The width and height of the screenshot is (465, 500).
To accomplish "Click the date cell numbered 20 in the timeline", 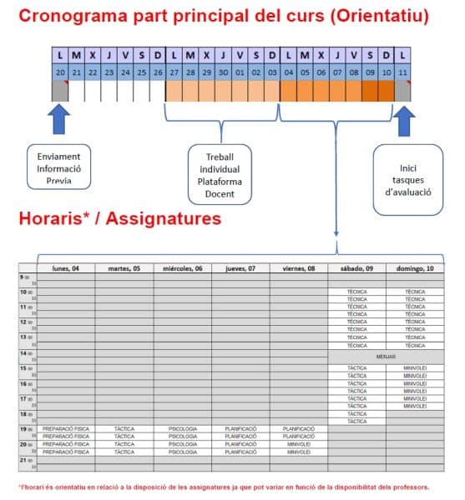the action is [59, 72].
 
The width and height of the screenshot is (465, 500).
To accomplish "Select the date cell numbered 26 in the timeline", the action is [158, 72].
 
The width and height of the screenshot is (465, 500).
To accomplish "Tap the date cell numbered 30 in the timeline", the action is [223, 72].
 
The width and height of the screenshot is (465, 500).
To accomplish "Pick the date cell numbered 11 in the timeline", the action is [403, 72].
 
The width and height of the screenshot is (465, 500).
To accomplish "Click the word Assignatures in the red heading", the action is [167, 220].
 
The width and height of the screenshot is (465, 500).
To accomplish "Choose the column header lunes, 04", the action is [66, 268].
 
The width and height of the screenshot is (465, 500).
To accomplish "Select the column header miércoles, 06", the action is [182, 268].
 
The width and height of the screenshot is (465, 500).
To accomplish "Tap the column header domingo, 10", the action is [414, 268].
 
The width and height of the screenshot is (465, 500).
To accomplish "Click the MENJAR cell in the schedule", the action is [385, 356].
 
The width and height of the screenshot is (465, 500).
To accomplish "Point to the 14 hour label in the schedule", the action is [23, 353].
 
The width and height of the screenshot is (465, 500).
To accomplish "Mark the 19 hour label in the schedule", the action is [23, 428].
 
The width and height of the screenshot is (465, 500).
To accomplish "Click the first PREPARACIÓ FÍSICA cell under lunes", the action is [66, 428].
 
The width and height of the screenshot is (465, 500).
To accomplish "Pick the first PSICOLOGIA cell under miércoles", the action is [182, 428].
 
